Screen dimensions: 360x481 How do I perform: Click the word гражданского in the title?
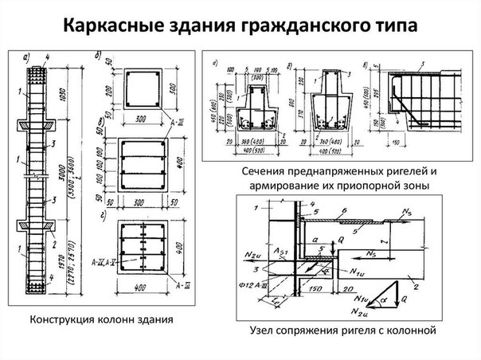coord(307,25)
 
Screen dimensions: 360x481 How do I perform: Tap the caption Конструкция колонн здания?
coord(102,320)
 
